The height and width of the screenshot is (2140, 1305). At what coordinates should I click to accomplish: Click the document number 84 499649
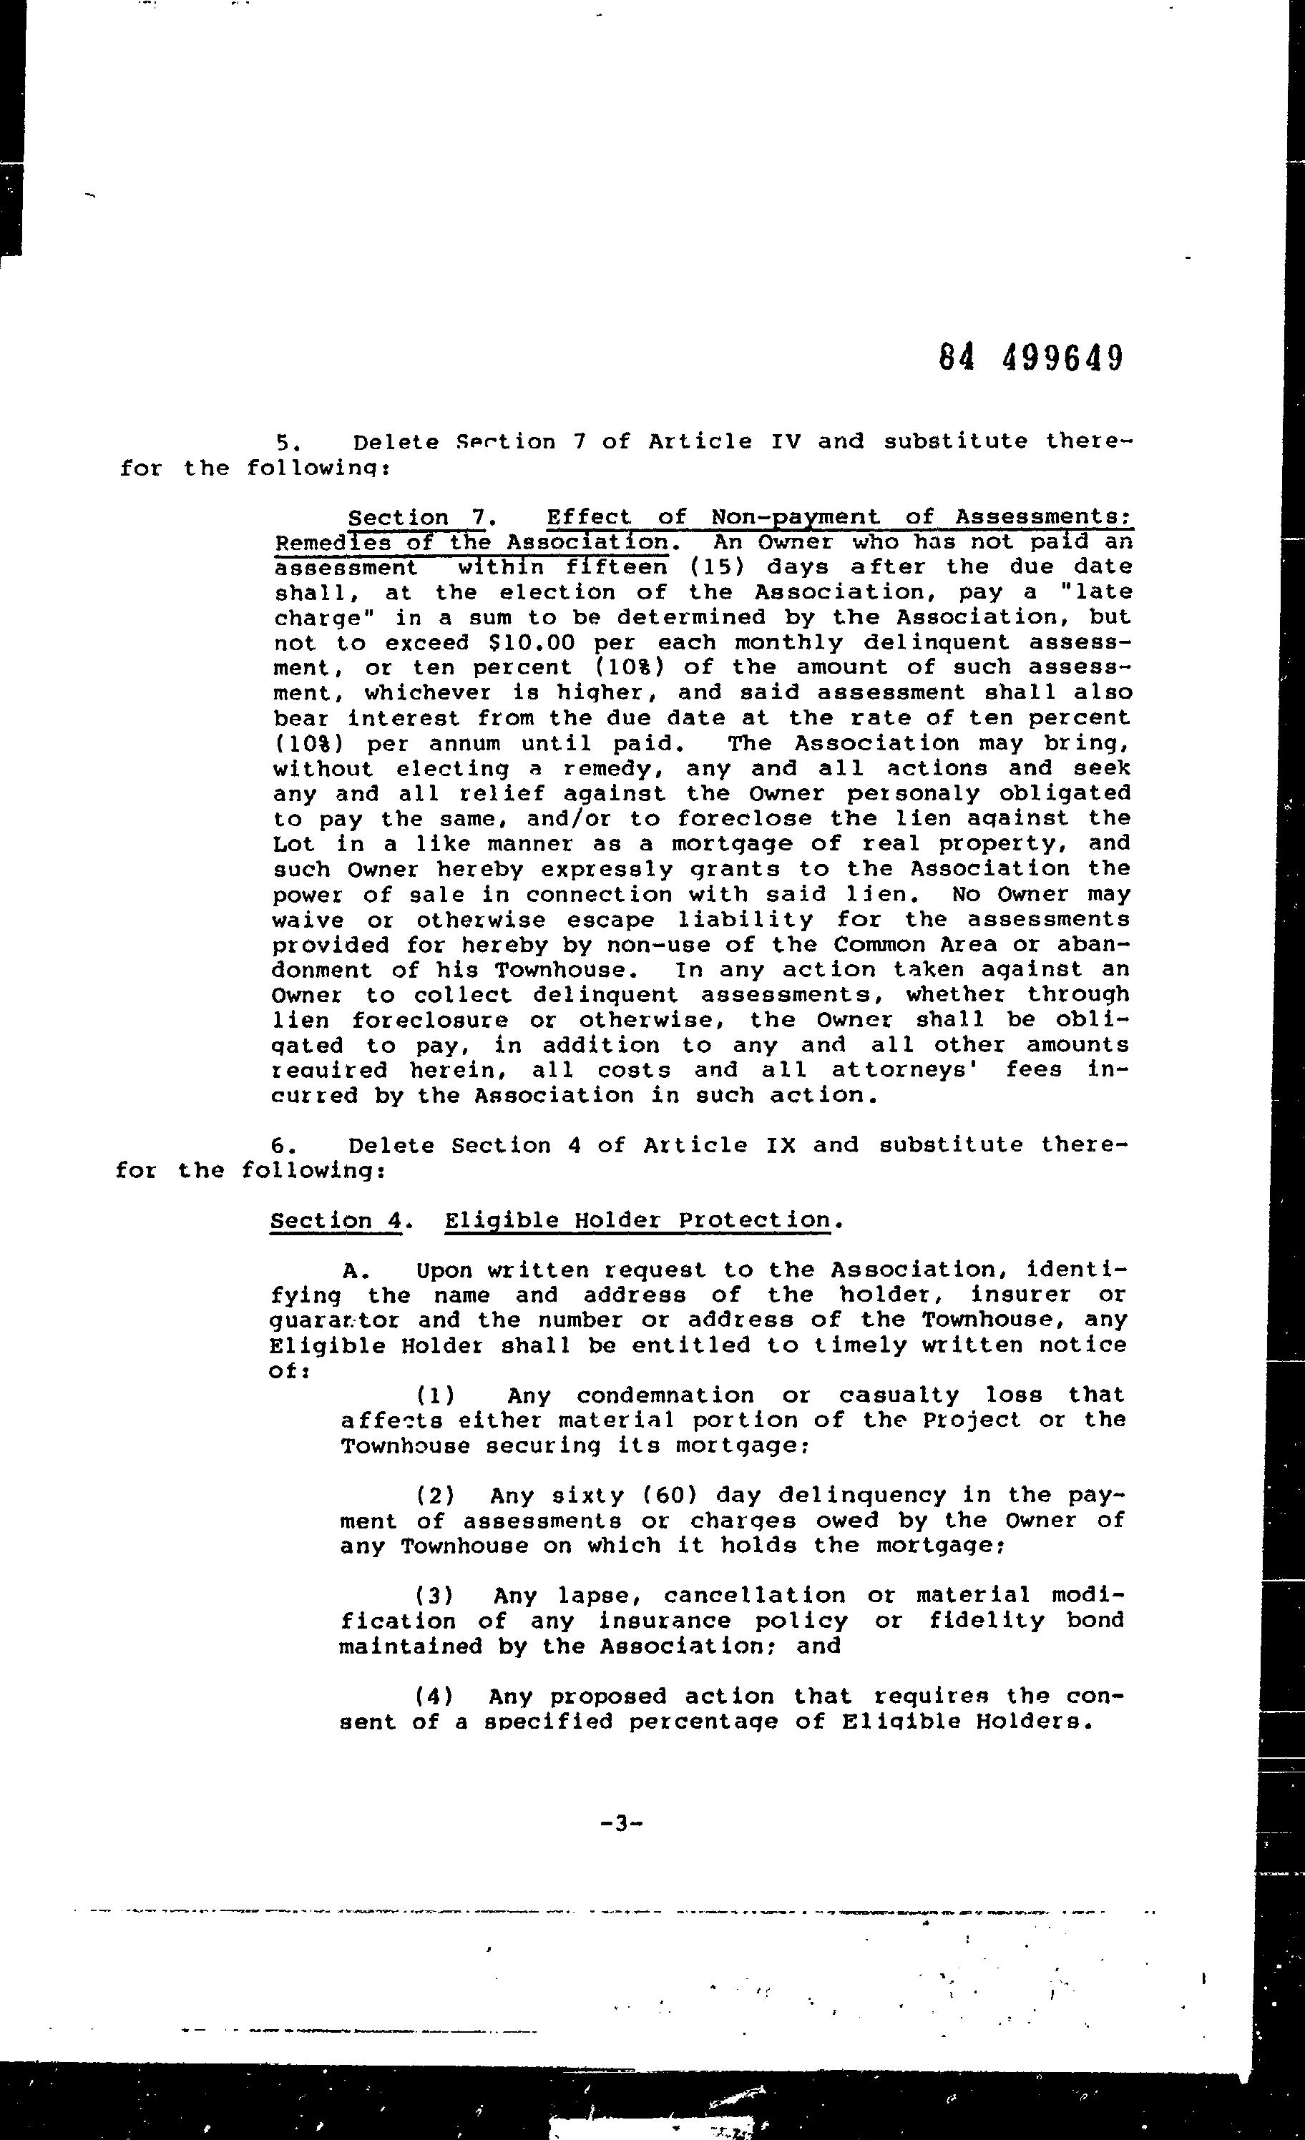point(1031,357)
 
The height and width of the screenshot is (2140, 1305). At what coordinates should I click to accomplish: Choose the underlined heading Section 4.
point(336,1221)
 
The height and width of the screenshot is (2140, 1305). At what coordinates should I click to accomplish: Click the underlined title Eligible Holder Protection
point(637,1221)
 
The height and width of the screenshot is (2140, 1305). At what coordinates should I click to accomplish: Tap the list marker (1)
point(435,1395)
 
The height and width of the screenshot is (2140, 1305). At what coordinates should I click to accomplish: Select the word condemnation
point(665,1395)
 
